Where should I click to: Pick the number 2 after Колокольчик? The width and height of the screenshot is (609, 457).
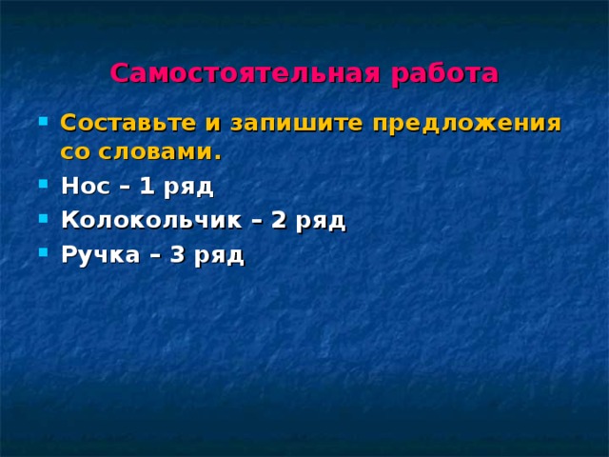click(x=278, y=221)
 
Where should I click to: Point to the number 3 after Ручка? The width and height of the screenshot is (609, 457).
click(x=176, y=255)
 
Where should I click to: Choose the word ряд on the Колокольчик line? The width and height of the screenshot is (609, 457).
click(x=320, y=223)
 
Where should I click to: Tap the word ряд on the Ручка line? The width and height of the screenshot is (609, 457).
click(x=219, y=257)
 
